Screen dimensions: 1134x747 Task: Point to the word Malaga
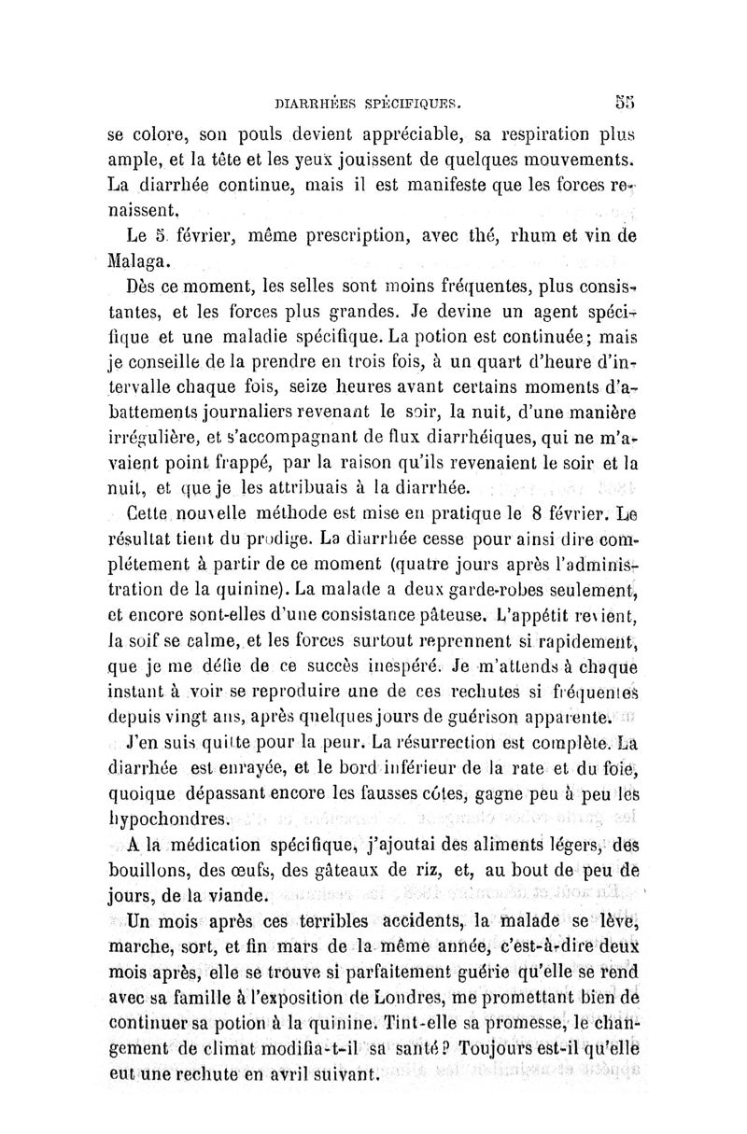137,259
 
